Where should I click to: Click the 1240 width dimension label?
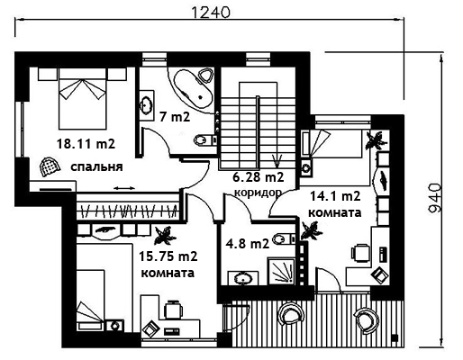pos(210,13)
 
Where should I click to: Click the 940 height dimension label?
pos(434,198)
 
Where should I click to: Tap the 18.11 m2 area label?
pos(86,144)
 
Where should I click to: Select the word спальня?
pos(96,166)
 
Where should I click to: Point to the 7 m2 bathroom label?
pos(175,117)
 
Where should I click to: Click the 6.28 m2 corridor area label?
pos(259,177)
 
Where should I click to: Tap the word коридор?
pos(258,192)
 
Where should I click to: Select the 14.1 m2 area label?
pos(335,196)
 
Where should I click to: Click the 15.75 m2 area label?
pos(168,256)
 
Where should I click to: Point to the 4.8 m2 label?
pos(248,244)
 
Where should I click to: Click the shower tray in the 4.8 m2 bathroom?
pos(282,271)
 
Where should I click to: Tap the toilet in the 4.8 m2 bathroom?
pos(285,238)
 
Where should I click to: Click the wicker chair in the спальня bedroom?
pos(50,166)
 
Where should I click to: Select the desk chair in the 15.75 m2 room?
pos(173,309)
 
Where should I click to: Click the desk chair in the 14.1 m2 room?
pos(360,253)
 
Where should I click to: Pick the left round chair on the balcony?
pos(291,314)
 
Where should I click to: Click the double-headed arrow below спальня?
pos(124,188)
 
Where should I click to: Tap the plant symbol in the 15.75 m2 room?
pos(164,235)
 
